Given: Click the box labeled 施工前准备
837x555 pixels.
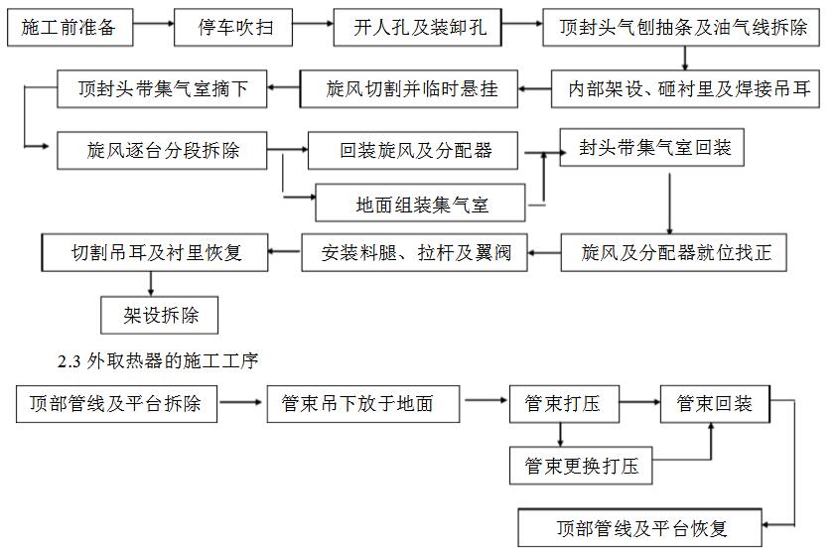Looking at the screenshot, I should tap(69, 27).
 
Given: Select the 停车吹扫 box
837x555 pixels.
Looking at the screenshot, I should tap(234, 27).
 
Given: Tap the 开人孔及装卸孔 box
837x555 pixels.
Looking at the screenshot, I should tap(421, 27).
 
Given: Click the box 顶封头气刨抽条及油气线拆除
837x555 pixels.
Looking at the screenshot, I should tap(682, 27).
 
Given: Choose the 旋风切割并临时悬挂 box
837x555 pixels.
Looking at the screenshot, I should tap(412, 90).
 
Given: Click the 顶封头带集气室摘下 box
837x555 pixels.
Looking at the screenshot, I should tap(165, 90).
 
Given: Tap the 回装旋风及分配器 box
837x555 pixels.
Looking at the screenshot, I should tap(416, 152).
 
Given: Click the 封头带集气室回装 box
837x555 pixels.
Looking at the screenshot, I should tap(655, 147).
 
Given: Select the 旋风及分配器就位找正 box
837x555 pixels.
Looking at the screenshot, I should tap(676, 253).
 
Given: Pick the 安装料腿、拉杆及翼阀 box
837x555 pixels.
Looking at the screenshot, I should tap(416, 253).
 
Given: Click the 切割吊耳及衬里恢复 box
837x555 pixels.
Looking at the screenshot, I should tap(156, 253).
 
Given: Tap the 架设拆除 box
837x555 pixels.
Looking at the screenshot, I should tap(160, 315).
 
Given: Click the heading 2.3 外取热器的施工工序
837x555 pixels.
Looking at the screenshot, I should tap(160, 361).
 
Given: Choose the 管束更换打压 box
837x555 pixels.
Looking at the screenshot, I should tap(582, 466).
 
